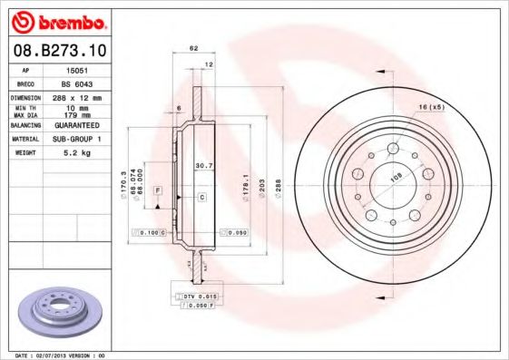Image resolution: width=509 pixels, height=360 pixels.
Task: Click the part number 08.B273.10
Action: pos(58,52)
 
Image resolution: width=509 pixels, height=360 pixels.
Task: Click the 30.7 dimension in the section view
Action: pos(204,166)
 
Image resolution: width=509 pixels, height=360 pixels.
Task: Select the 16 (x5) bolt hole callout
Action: pos(430,109)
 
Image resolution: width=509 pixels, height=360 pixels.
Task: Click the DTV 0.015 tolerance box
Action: pos(198,296)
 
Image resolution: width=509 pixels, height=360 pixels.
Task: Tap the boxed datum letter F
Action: pos(158,190)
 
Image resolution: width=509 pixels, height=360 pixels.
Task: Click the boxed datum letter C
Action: pos(201,197)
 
